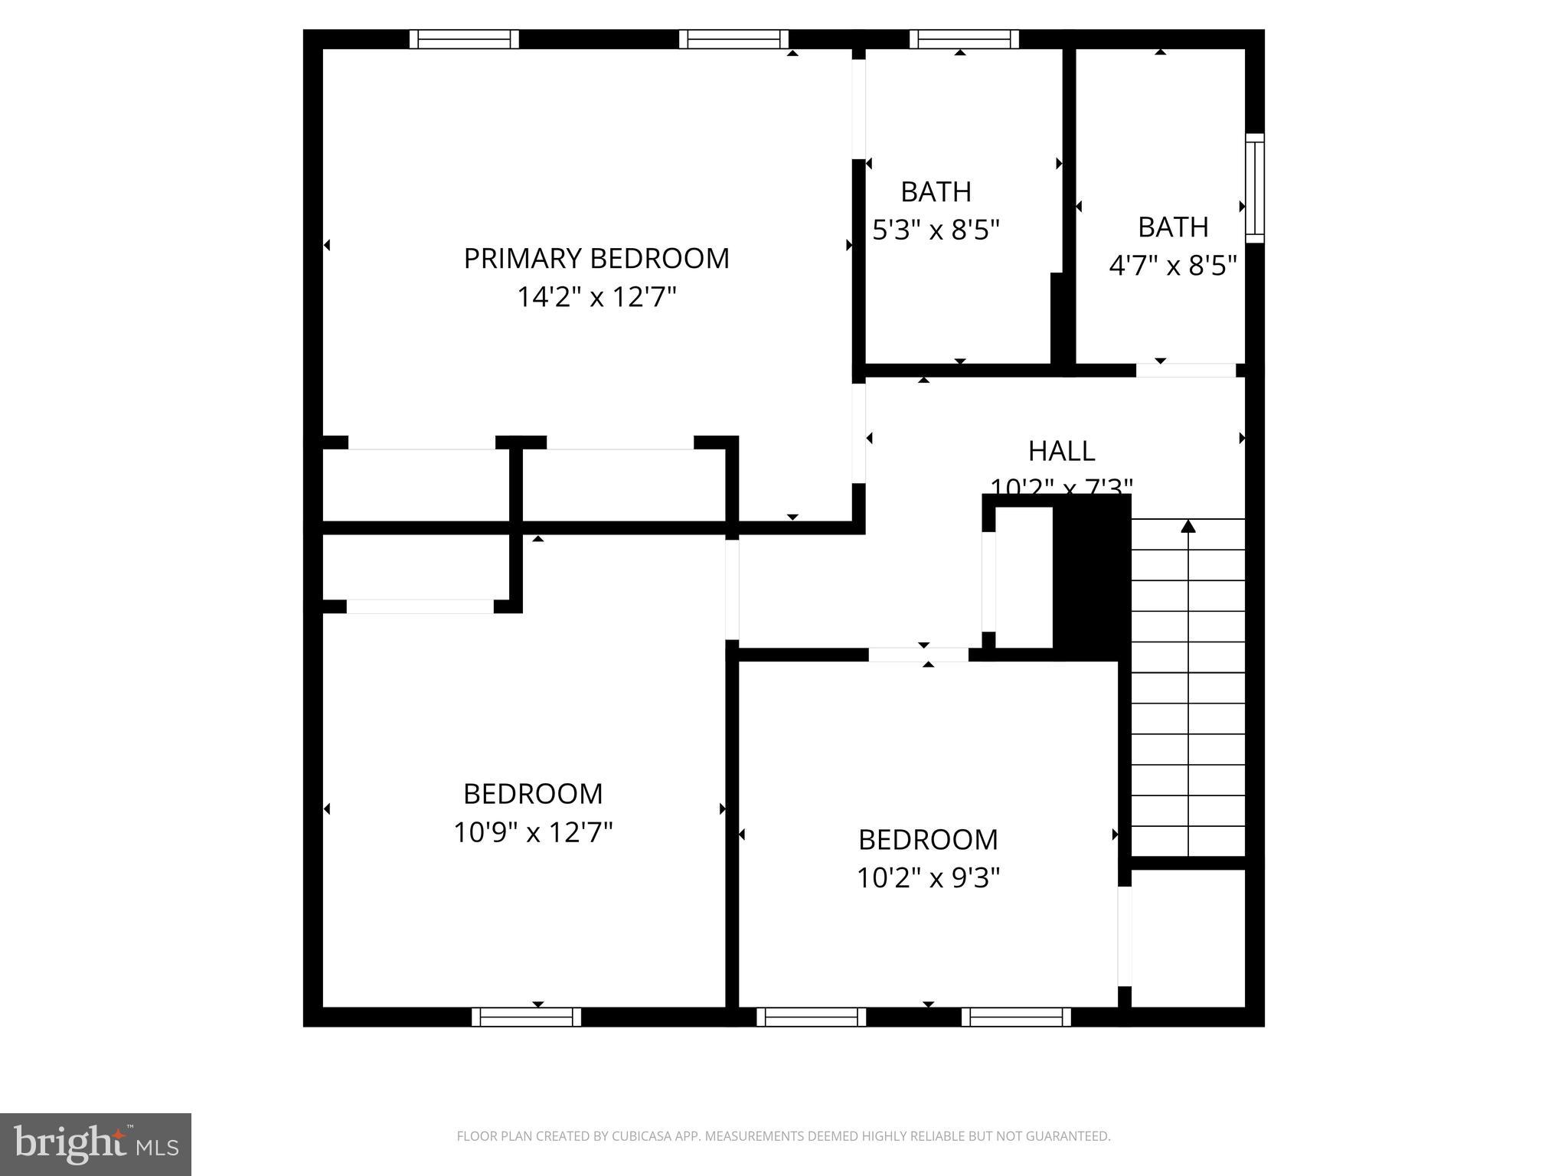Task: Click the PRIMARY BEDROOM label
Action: click(x=596, y=259)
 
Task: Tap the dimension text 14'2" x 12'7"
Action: click(x=596, y=297)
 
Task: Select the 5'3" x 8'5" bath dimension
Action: click(x=936, y=230)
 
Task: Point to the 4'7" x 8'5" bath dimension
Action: click(x=1173, y=266)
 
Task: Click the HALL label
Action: click(x=1061, y=451)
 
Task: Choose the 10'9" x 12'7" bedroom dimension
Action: click(x=533, y=832)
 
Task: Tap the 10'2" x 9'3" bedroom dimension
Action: click(x=928, y=878)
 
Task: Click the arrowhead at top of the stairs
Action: click(x=1187, y=526)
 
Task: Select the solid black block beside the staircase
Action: click(x=1092, y=578)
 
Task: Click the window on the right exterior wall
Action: click(x=1254, y=188)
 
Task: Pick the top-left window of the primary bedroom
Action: click(x=464, y=39)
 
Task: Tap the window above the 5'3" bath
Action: click(x=964, y=39)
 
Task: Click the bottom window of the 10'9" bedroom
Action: click(x=526, y=1017)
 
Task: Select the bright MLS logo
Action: click(x=96, y=1144)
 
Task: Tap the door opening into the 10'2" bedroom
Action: click(x=918, y=655)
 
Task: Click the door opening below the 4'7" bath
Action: click(x=1185, y=371)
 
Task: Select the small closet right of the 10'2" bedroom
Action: click(x=1187, y=938)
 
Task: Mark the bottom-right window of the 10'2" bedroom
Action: click(x=1016, y=1017)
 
